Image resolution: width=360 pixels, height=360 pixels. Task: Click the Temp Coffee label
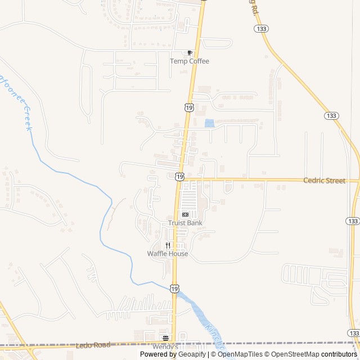pyautogui.click(x=190, y=61)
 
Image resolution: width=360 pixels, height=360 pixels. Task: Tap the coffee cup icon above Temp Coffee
pyautogui.click(x=190, y=53)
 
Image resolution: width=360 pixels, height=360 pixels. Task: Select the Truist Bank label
pyautogui.click(x=185, y=223)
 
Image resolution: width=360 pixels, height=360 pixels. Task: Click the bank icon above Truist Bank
pyautogui.click(x=185, y=214)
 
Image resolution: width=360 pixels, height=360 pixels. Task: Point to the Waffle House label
pyautogui.click(x=168, y=254)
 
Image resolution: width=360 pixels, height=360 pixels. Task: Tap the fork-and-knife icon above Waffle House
pyautogui.click(x=168, y=245)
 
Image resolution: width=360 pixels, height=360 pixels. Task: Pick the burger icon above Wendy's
pyautogui.click(x=165, y=338)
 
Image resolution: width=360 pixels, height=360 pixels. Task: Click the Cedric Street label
pyautogui.click(x=323, y=181)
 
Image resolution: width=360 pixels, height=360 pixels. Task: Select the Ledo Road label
pyautogui.click(x=93, y=345)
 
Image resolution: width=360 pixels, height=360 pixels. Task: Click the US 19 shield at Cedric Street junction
pyautogui.click(x=179, y=177)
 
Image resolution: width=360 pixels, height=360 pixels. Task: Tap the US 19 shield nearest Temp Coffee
pyautogui.click(x=188, y=107)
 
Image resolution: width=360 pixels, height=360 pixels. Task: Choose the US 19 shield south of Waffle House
pyautogui.click(x=175, y=289)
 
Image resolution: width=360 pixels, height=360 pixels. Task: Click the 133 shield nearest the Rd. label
pyautogui.click(x=260, y=28)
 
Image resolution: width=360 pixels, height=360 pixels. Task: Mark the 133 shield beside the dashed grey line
pyautogui.click(x=353, y=334)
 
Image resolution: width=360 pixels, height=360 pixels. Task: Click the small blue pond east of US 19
pyautogui.click(x=209, y=123)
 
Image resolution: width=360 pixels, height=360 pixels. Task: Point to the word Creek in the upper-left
pyautogui.click(x=28, y=119)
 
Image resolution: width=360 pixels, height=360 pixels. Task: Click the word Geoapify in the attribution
pyautogui.click(x=189, y=354)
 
